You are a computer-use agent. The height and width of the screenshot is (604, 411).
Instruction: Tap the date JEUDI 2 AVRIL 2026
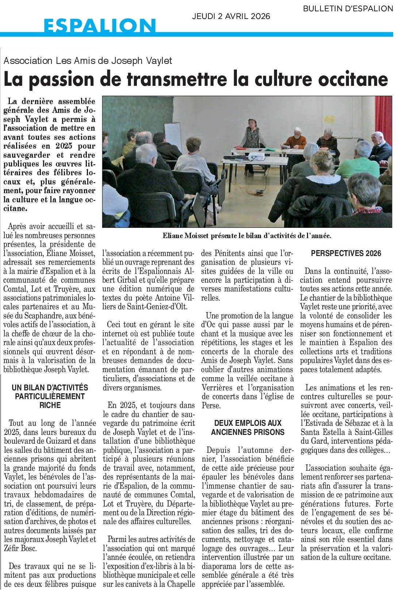(x=231, y=16)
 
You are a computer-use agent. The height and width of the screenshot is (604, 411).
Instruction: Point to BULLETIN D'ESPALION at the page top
(x=348, y=8)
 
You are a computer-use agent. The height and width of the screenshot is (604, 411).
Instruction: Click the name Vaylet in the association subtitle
(x=159, y=61)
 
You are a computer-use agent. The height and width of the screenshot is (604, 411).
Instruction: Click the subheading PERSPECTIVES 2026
(x=346, y=253)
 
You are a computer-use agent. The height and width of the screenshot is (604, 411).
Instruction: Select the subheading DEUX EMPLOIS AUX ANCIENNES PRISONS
(x=248, y=428)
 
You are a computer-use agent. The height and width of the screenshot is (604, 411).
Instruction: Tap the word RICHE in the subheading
(x=50, y=405)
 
